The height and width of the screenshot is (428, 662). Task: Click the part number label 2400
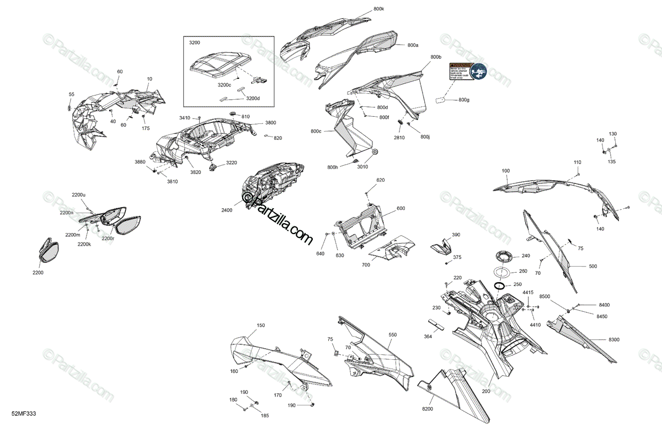click(227, 210)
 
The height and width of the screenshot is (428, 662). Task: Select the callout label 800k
click(379, 9)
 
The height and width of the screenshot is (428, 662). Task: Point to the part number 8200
click(428, 409)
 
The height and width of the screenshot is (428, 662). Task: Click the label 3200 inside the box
click(195, 42)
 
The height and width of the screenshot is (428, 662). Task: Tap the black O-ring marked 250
click(500, 285)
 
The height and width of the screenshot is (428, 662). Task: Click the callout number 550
click(392, 335)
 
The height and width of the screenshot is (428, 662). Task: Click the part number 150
click(260, 326)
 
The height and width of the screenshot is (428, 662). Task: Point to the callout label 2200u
click(79, 195)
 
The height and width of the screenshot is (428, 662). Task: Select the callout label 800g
click(464, 100)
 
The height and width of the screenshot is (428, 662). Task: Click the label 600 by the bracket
click(401, 208)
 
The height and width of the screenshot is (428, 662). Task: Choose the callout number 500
click(592, 267)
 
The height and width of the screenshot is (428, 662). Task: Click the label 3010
click(362, 167)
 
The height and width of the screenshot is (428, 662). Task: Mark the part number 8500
click(545, 297)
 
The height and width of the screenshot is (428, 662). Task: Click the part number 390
click(456, 235)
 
